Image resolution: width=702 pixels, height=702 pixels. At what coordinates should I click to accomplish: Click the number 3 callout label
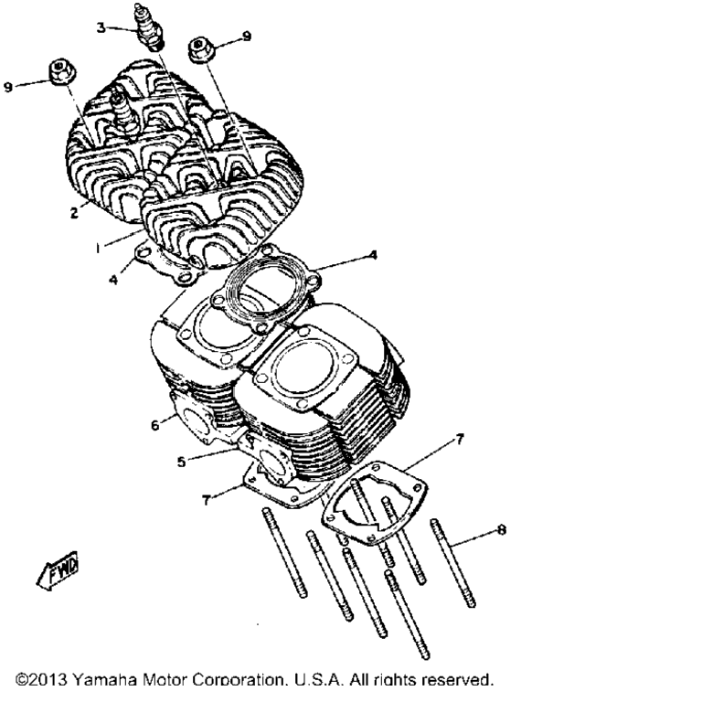coord(101,27)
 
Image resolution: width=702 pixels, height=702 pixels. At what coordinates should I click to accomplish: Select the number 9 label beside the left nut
coord(8,87)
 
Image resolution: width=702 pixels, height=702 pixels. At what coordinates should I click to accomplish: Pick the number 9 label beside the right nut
coord(247,36)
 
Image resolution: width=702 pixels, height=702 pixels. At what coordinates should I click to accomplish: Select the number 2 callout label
coord(74,213)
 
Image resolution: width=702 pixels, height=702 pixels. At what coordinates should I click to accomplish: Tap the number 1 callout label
coord(98,248)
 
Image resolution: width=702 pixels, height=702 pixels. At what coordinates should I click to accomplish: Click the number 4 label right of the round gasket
coord(373,255)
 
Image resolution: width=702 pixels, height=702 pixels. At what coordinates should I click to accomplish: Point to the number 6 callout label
coord(154,425)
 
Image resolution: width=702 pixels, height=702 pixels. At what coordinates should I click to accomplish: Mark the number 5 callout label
coord(181,462)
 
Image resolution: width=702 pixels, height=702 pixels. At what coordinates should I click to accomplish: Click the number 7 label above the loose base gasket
coord(460,439)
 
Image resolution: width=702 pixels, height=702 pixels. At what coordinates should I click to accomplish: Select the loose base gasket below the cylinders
coord(374,504)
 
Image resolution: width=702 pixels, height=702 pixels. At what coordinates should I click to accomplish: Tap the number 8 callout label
coord(502,530)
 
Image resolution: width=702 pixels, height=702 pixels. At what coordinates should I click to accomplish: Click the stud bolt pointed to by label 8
coord(452,563)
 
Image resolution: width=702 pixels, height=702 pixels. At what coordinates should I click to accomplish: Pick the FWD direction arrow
coord(58,570)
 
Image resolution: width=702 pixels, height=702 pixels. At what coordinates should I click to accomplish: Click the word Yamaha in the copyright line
coord(104,680)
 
